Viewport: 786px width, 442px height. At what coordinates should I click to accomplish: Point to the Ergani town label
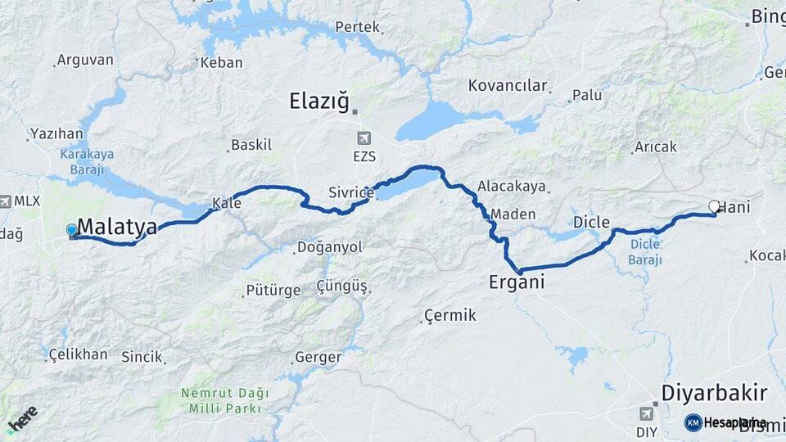(x=517, y=282)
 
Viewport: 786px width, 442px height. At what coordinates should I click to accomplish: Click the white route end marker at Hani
(x=714, y=207)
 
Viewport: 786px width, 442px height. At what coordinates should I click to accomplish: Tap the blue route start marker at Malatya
(x=72, y=231)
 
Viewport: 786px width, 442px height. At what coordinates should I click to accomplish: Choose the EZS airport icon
(x=363, y=140)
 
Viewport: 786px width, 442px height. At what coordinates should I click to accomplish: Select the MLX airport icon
(x=6, y=201)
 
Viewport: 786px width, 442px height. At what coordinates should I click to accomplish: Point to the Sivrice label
(x=350, y=193)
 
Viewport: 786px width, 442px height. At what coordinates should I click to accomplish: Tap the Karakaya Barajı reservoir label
(x=87, y=161)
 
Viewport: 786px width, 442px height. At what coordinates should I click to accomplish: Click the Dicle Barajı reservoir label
(x=644, y=250)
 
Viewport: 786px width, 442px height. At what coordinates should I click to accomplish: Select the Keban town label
(x=221, y=62)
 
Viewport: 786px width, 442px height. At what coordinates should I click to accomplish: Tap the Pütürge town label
(x=267, y=291)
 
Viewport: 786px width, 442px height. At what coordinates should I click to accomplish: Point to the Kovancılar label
(x=507, y=85)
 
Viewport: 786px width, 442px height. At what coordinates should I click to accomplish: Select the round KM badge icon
(x=693, y=422)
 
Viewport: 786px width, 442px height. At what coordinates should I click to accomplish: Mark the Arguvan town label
(x=84, y=61)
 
